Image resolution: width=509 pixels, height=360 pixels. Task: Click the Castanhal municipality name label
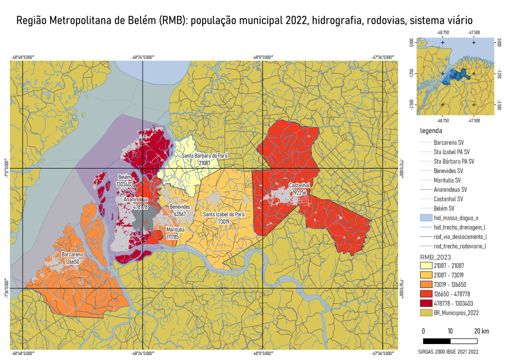(300, 185)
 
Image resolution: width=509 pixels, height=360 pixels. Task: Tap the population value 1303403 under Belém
(125, 184)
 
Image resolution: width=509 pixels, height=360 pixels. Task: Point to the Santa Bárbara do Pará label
(204, 156)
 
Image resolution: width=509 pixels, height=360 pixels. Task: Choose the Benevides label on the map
(180, 207)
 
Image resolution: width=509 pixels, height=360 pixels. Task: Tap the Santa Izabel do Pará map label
(224, 214)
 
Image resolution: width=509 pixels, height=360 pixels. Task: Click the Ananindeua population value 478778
(135, 206)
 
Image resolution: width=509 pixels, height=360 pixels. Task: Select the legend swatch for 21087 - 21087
(425, 266)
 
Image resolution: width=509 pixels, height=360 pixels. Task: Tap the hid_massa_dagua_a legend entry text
(456, 218)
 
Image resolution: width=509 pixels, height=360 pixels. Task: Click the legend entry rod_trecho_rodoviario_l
(459, 246)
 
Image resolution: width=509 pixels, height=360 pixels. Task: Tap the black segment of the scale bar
(436, 341)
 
